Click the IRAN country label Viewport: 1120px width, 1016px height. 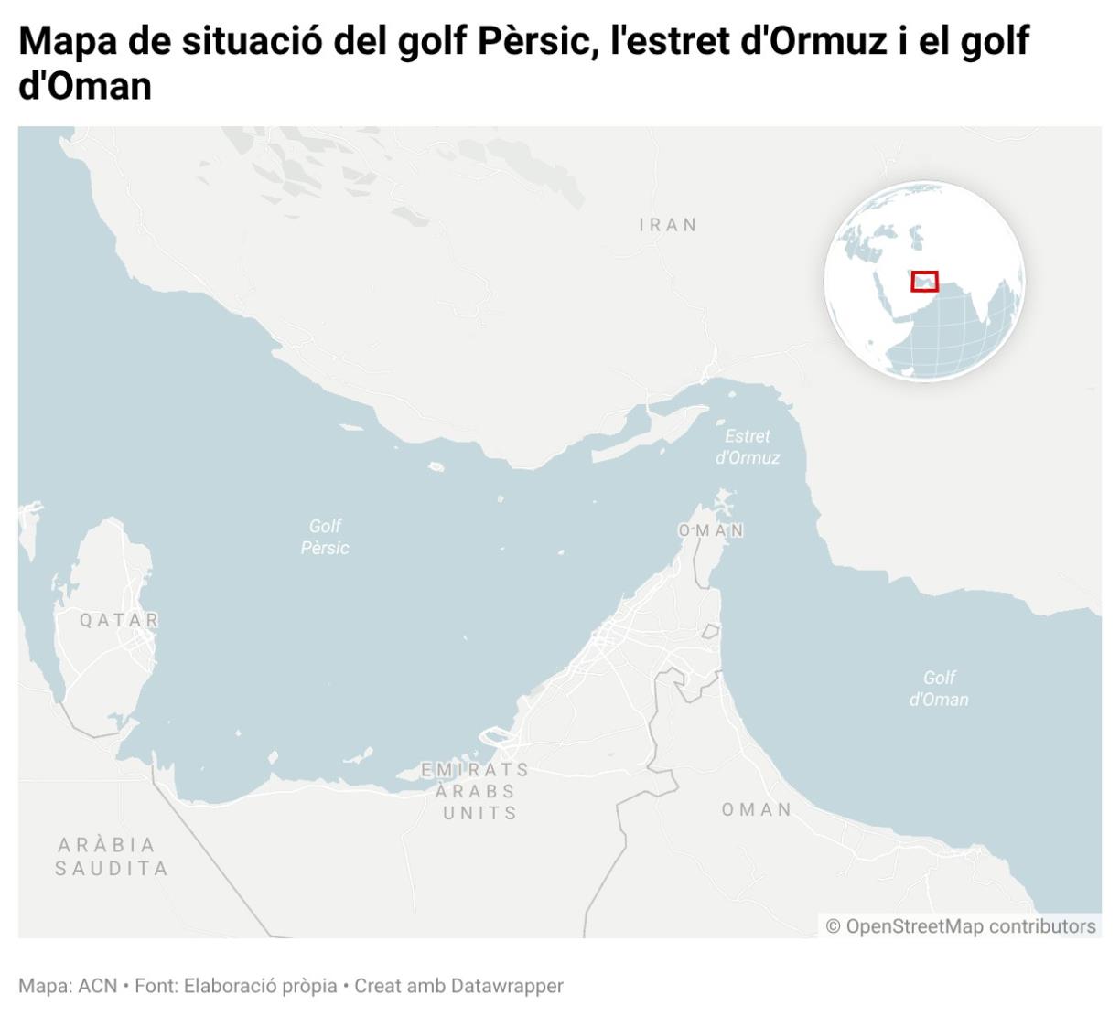click(x=668, y=225)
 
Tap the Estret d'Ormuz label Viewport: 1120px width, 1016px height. click(x=748, y=447)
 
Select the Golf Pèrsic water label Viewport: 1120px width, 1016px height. click(x=325, y=537)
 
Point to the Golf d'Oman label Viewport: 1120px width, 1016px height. click(x=939, y=689)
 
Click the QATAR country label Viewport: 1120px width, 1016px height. click(x=119, y=620)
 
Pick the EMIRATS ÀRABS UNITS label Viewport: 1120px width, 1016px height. click(x=476, y=791)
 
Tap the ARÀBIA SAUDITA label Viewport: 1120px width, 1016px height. click(x=112, y=856)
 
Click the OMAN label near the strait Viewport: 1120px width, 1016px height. click(x=711, y=530)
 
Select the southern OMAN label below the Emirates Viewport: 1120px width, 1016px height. click(x=757, y=809)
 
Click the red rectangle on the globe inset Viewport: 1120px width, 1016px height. click(x=924, y=281)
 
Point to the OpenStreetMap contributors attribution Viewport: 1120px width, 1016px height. click(x=961, y=926)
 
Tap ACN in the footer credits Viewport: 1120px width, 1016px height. click(x=97, y=986)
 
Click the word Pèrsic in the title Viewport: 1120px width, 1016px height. click(x=536, y=41)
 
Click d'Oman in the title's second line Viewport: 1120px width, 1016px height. click(x=84, y=86)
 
